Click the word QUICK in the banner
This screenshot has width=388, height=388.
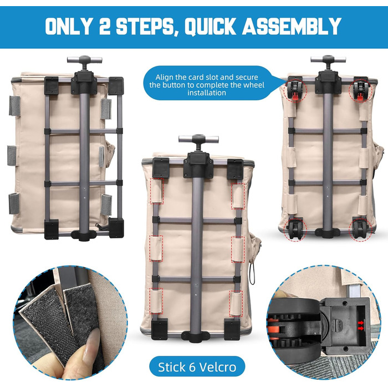(210, 26)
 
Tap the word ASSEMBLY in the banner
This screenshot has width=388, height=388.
(292, 26)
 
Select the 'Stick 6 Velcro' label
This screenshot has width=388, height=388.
(197, 367)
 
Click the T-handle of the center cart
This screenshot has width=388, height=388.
(198, 140)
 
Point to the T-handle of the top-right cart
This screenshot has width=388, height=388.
(328, 60)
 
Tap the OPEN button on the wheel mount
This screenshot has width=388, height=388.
(339, 326)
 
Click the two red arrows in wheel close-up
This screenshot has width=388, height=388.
(361, 326)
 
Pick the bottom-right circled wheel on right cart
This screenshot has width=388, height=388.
(360, 229)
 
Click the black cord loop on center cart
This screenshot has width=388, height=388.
(252, 275)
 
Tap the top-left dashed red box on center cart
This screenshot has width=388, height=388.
(157, 191)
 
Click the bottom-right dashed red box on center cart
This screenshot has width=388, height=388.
(236, 303)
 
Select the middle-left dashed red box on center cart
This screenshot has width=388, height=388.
(156, 248)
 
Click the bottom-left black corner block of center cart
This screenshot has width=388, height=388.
(160, 329)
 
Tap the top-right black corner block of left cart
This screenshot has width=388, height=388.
(116, 85)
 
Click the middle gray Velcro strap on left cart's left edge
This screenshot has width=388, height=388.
(12, 156)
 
